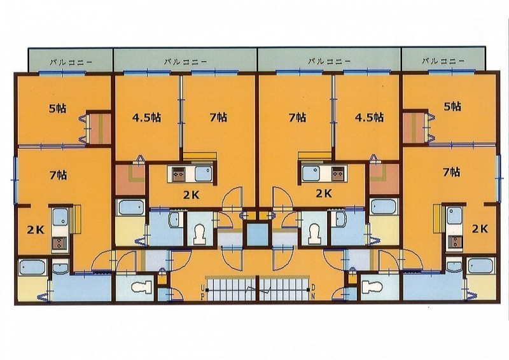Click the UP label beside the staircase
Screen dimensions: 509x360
(x=203, y=292)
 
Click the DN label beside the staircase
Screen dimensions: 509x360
(x=313, y=292)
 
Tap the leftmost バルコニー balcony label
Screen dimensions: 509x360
(x=71, y=62)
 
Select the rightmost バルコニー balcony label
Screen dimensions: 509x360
(x=443, y=60)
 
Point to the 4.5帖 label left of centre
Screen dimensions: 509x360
(x=146, y=117)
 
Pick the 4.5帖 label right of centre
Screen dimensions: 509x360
(x=369, y=117)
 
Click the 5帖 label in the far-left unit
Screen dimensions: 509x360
(x=58, y=108)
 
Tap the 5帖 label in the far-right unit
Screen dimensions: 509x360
(x=452, y=106)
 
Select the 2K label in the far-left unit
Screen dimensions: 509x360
(x=36, y=230)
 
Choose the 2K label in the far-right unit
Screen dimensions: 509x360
(x=480, y=229)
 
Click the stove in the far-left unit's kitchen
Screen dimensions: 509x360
(x=59, y=243)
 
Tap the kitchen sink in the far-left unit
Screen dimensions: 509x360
(x=60, y=216)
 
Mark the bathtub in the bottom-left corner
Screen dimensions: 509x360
(x=31, y=267)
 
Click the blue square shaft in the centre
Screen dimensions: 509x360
(x=258, y=234)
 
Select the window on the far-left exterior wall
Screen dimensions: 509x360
(x=15, y=180)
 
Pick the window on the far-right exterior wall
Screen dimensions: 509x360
(x=498, y=178)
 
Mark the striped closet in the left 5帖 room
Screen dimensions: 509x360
(x=100, y=128)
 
